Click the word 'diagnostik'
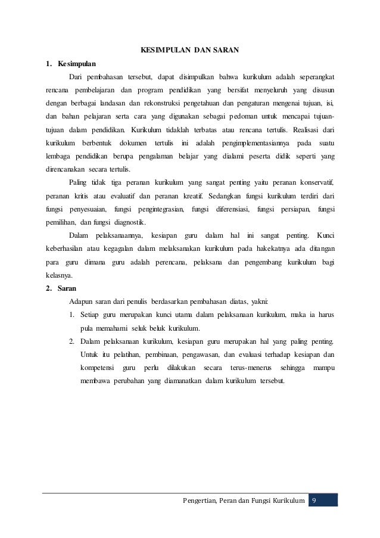point(124,222)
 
